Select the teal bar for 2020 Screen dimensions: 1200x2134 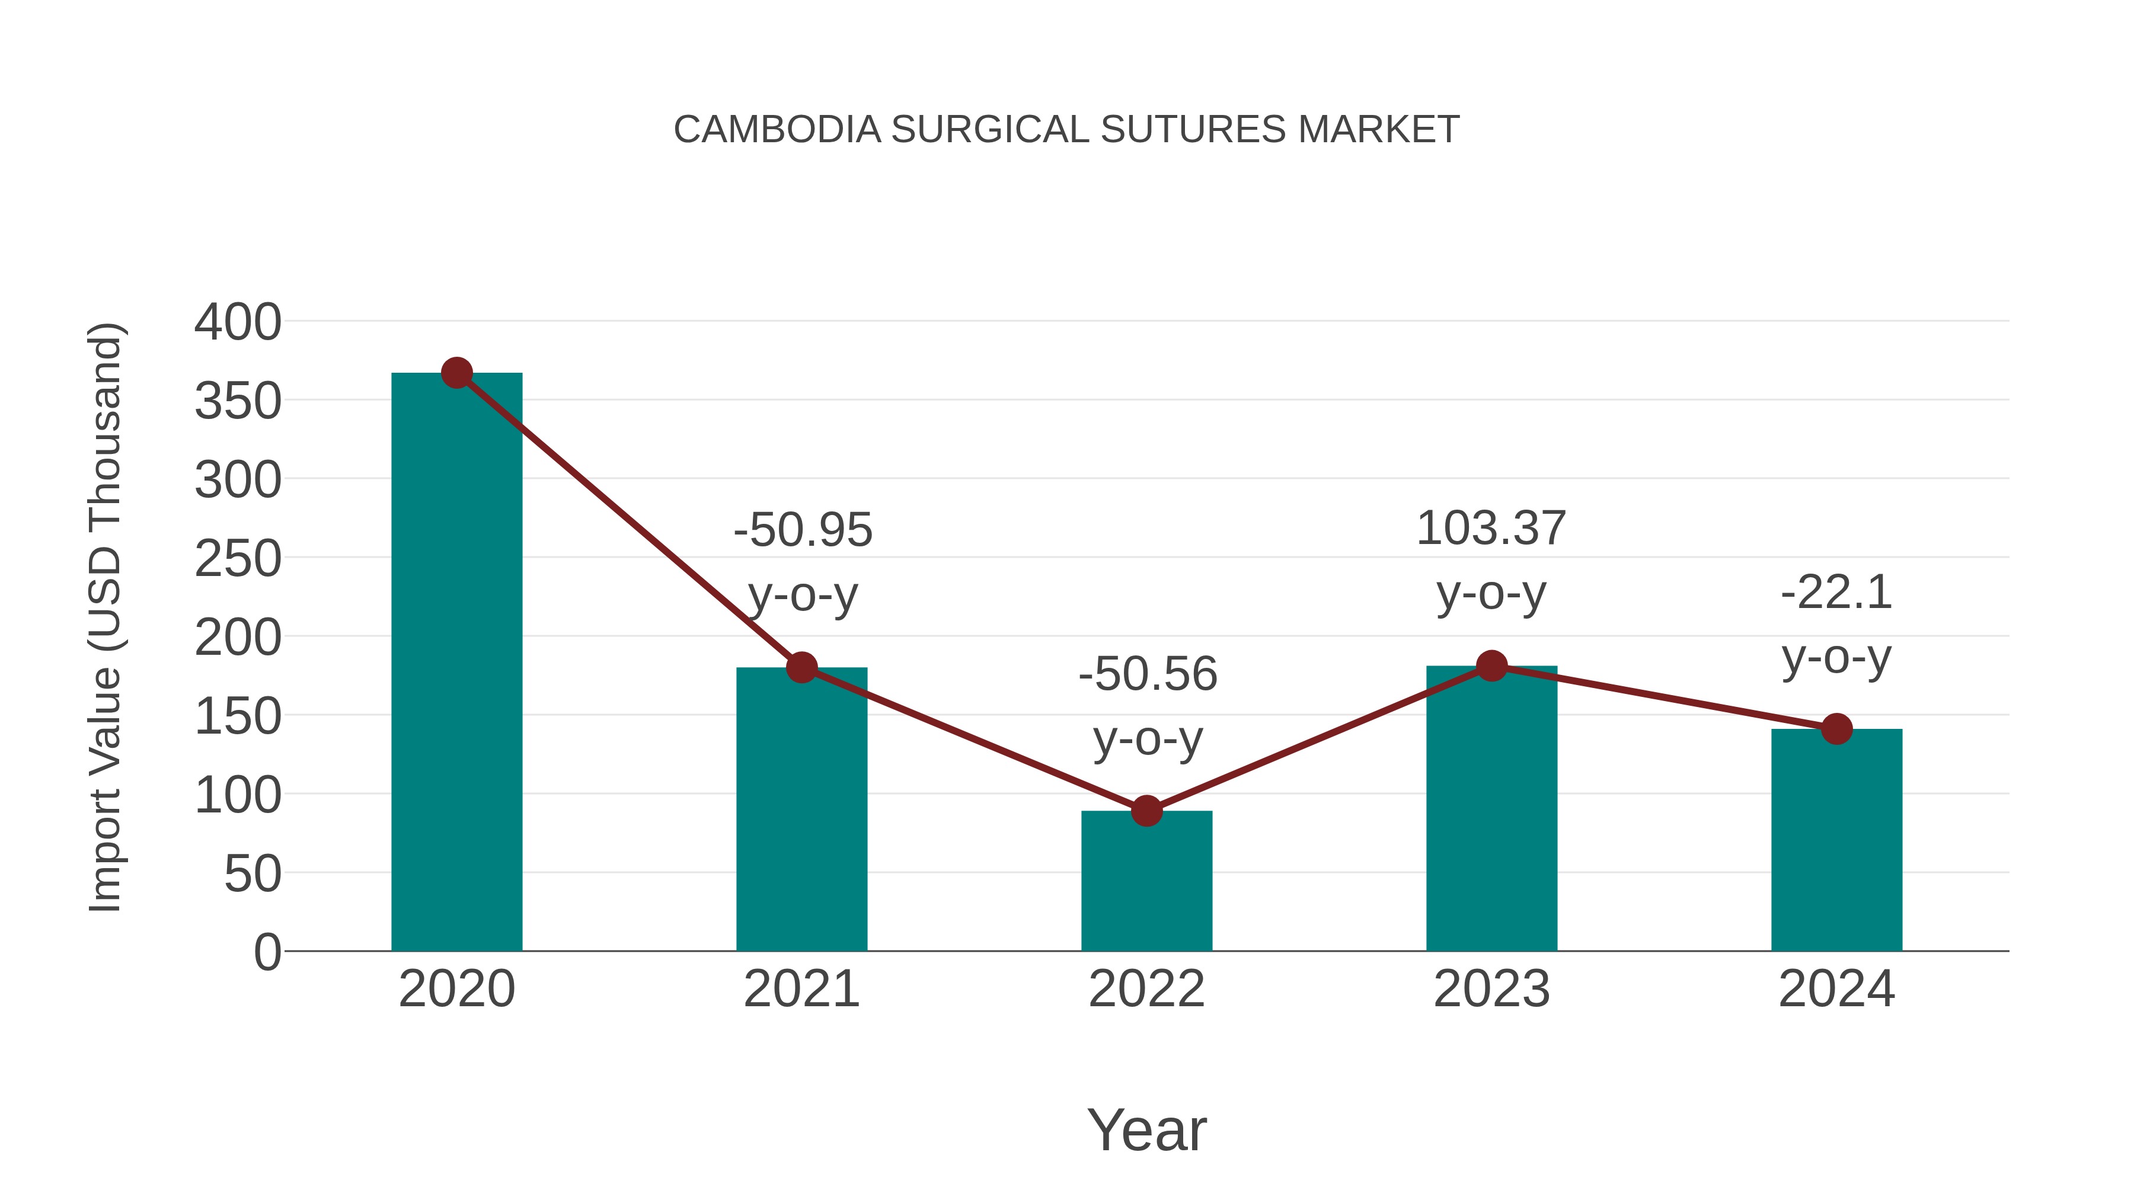(456, 663)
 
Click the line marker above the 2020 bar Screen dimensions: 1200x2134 (456, 373)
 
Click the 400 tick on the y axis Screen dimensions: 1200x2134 (238, 322)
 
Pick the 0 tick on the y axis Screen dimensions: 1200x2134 (267, 952)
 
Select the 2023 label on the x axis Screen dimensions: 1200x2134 (1491, 989)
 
